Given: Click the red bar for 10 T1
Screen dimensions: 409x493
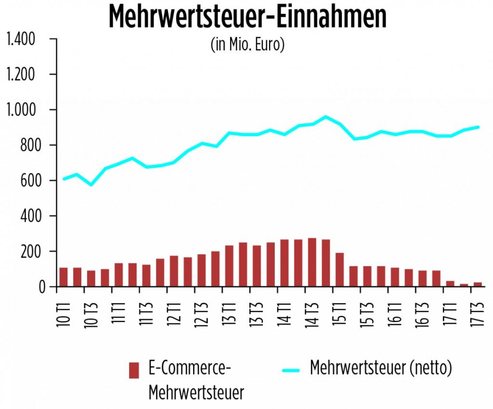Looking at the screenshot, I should pyautogui.click(x=64, y=277).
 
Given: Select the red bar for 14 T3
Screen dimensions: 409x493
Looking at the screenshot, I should pyautogui.click(x=312, y=262).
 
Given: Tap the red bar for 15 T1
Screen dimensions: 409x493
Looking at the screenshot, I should pyautogui.click(x=339, y=270).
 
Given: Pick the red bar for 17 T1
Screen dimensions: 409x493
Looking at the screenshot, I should pyautogui.click(x=450, y=284).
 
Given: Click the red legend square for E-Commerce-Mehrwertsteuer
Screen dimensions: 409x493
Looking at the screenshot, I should pyautogui.click(x=134, y=370).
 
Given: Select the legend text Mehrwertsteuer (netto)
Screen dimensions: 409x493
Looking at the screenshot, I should pyautogui.click(x=381, y=369).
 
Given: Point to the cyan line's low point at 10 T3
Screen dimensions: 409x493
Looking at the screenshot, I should pyautogui.click(x=91, y=185).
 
